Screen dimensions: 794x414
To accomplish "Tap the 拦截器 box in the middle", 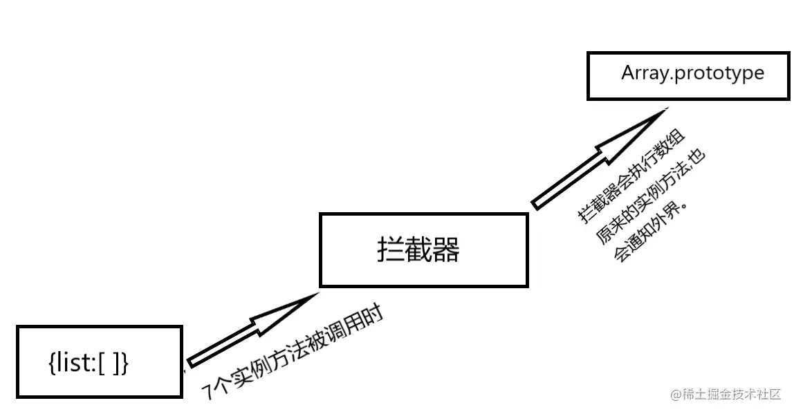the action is [x=423, y=250].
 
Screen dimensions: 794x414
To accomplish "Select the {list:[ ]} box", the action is [x=100, y=361].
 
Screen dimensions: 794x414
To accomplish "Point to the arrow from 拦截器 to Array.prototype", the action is [x=595, y=158].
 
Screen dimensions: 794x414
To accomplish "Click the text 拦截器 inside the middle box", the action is [x=418, y=250].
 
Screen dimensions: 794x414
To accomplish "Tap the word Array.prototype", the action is [x=692, y=73].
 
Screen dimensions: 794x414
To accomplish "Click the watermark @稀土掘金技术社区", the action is [x=726, y=394].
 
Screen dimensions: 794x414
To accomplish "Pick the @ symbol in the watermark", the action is [x=676, y=395].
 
